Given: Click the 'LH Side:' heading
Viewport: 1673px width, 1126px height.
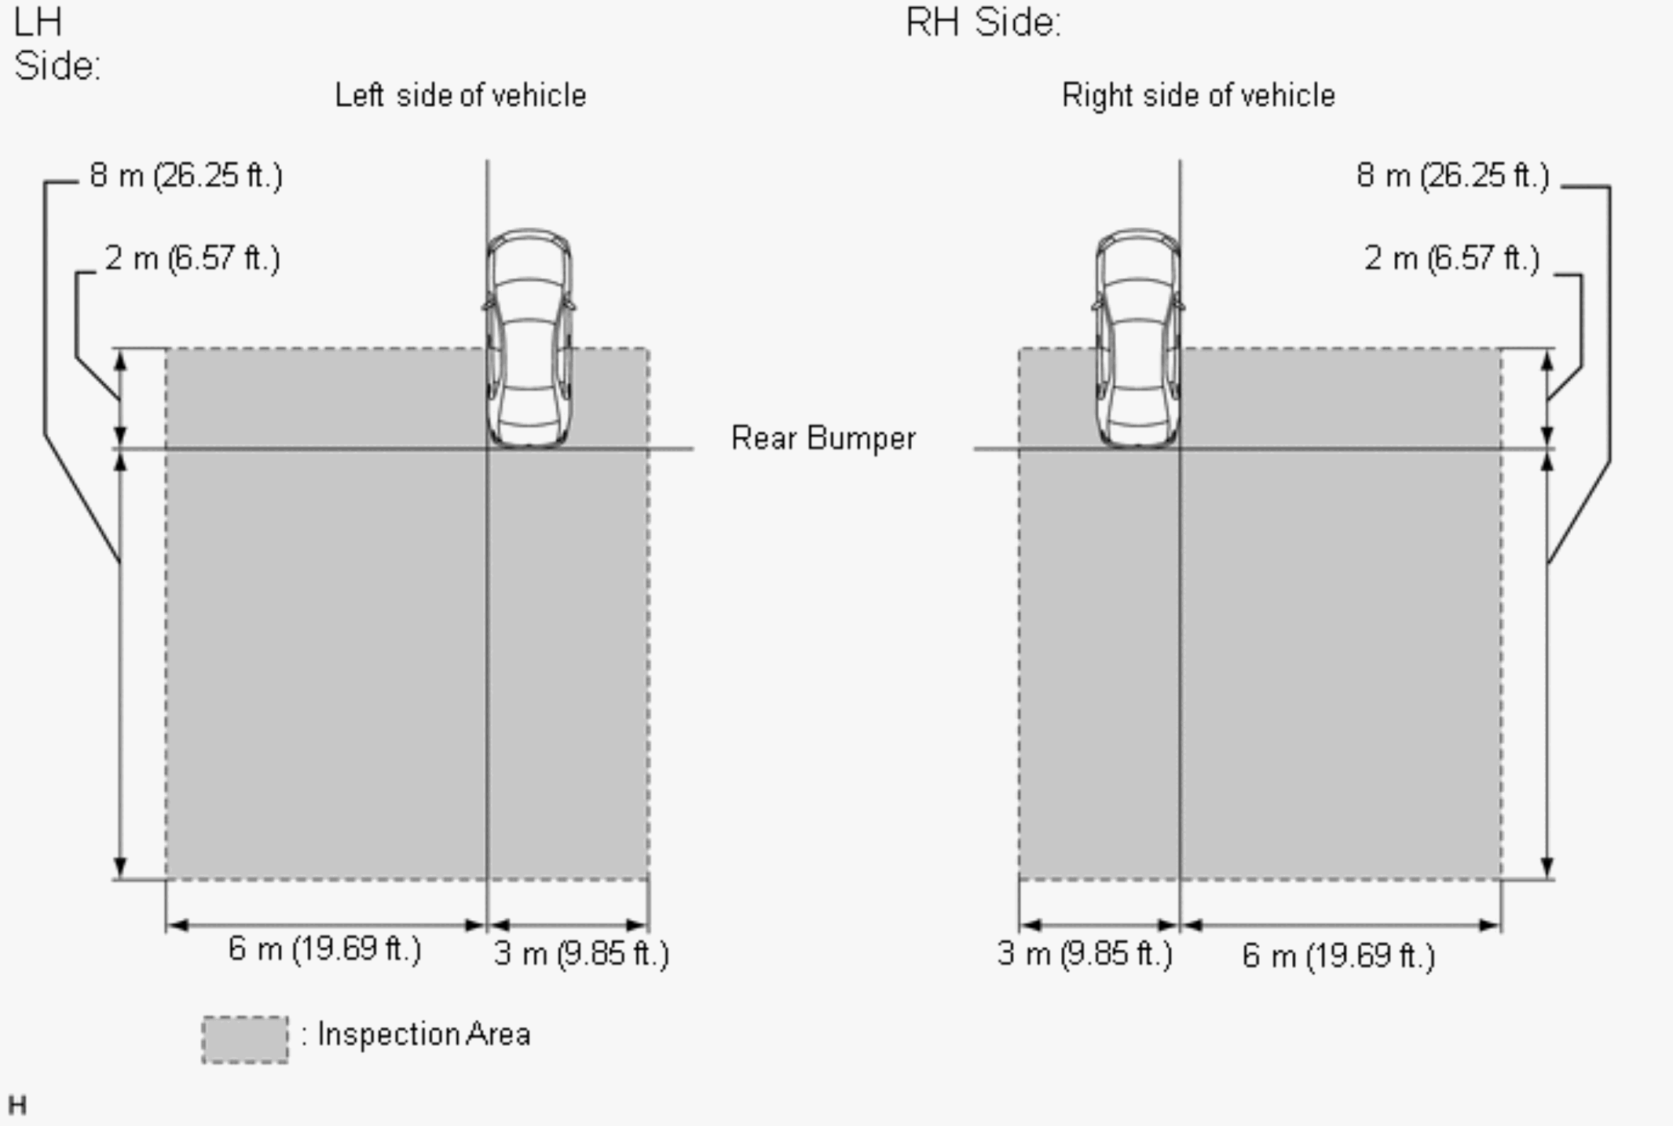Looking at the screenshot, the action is [57, 44].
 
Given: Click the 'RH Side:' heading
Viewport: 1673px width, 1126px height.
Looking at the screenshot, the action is [983, 22].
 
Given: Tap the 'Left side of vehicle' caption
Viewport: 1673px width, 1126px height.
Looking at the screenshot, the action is [460, 96].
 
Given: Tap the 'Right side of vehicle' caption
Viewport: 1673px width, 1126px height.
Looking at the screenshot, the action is [1199, 96].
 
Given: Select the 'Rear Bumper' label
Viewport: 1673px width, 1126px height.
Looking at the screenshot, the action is [823, 438].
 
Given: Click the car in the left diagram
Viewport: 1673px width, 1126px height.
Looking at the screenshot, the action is [529, 339].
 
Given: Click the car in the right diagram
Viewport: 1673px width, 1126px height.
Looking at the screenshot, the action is [1138, 339].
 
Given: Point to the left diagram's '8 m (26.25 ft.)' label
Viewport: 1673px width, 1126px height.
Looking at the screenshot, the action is [186, 175].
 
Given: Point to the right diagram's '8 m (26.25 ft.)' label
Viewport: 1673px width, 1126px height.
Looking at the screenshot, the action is [1452, 175].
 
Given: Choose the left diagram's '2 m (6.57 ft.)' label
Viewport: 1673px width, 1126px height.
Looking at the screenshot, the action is [192, 259].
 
